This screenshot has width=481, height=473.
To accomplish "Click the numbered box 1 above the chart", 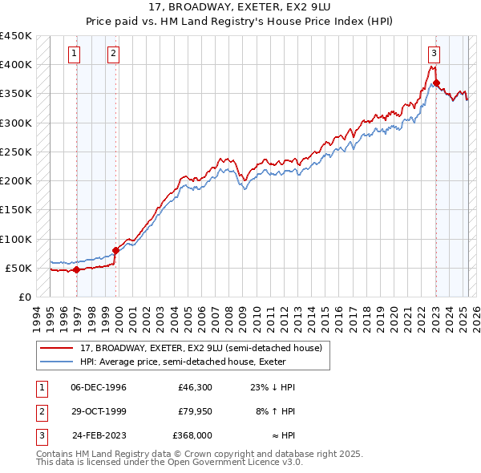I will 74,54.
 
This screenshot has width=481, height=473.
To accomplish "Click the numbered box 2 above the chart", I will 113,54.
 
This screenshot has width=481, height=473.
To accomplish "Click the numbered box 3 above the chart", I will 434,54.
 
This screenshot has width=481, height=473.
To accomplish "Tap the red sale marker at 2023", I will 436,83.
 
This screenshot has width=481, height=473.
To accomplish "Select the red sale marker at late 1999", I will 115,250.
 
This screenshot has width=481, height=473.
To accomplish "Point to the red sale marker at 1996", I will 76,269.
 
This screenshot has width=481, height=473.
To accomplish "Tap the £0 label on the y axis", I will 24,297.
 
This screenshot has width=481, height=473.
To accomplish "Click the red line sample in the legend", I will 57,348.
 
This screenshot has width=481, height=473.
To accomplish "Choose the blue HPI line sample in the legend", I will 57,362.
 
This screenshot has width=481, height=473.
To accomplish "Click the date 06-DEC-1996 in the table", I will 99,387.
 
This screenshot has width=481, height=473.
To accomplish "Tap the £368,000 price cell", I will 192,435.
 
